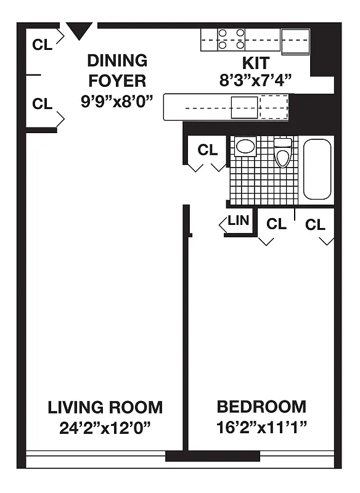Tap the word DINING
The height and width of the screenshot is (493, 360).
[117, 61]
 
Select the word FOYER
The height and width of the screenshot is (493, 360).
[117, 81]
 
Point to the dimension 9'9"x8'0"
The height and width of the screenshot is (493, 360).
[117, 101]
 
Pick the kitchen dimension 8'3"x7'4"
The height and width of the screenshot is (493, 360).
[255, 80]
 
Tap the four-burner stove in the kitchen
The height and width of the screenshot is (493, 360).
[231, 39]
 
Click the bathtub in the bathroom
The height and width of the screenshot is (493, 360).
[317, 169]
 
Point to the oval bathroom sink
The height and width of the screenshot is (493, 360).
[246, 147]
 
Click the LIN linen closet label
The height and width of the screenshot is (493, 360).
[238, 221]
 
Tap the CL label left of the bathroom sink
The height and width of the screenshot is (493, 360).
[208, 150]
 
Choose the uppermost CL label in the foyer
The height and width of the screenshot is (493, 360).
[43, 44]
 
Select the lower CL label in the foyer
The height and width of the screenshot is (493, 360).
[43, 104]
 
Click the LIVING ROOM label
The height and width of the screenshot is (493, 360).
[105, 407]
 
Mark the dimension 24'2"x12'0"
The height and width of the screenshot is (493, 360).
[105, 426]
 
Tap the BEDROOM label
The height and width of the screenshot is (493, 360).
[261, 407]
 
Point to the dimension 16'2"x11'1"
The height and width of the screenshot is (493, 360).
[261, 426]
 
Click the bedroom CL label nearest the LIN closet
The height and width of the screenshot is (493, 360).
[276, 224]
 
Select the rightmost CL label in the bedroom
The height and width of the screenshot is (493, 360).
[315, 225]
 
